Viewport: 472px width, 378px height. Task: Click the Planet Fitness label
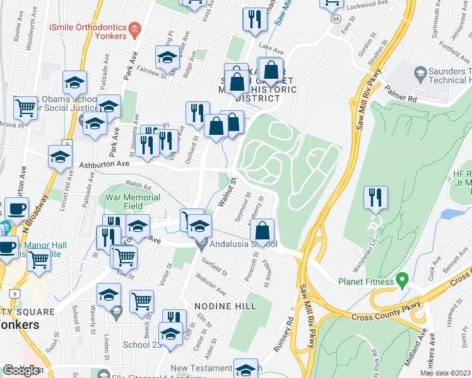pos(365,282)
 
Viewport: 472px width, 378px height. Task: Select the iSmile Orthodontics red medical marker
pos(134,29)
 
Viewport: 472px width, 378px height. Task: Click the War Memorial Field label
pos(133,201)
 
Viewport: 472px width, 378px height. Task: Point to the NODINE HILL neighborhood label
pos(225,306)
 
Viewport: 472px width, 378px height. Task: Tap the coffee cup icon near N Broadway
pos(16,208)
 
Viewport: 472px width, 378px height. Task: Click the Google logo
pos(22,370)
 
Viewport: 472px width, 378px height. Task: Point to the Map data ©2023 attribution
pos(445,373)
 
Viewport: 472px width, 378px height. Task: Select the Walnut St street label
pos(226,192)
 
